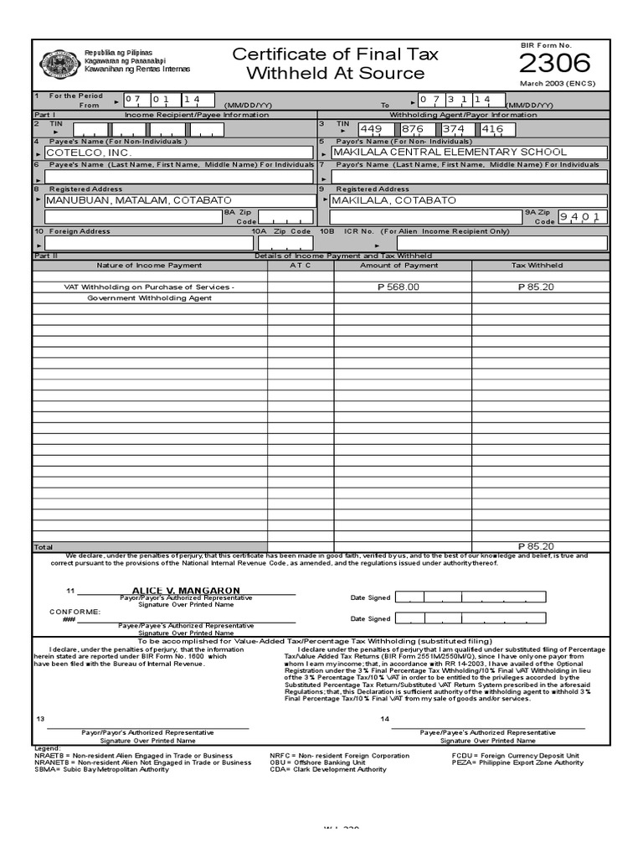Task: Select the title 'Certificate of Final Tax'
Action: pyautogui.click(x=335, y=55)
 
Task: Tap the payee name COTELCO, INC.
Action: pyautogui.click(x=90, y=152)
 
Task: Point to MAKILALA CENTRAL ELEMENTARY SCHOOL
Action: pyautogui.click(x=450, y=152)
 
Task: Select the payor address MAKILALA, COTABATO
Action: pyautogui.click(x=394, y=201)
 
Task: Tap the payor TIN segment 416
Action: pyautogui.click(x=493, y=129)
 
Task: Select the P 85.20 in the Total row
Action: pyautogui.click(x=536, y=546)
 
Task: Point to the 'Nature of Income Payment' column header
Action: pyautogui.click(x=149, y=266)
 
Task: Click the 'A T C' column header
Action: pyautogui.click(x=301, y=266)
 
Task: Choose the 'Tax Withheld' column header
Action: pyautogui.click(x=537, y=266)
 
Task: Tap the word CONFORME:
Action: pyautogui.click(x=75, y=612)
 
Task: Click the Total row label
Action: pyautogui.click(x=43, y=546)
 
